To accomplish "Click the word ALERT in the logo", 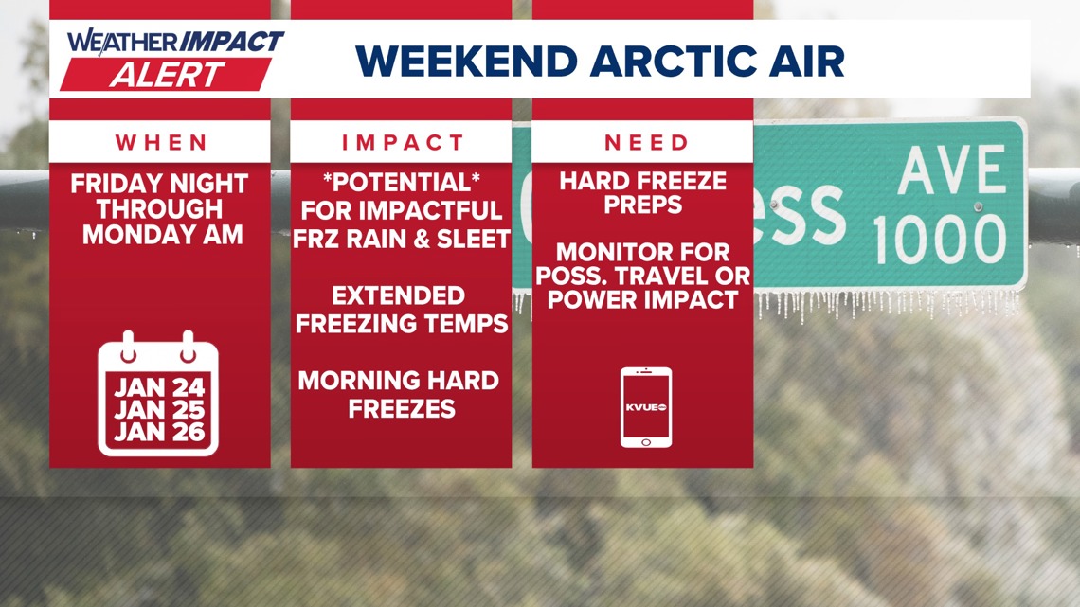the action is point(167,74).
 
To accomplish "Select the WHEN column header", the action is point(161,142).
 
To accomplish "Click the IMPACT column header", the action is point(403,142).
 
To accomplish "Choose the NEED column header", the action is point(646,142).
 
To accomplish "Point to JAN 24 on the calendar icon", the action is point(159,386).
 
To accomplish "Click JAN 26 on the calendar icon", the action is point(159,432).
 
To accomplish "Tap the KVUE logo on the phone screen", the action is point(646,407).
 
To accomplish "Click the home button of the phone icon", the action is point(646,442).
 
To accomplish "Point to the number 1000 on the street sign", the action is point(941,241).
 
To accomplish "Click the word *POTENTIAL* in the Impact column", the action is point(402,183).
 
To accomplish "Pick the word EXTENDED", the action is point(399,296).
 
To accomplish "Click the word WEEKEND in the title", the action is point(466,61).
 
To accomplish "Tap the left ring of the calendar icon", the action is point(128,347).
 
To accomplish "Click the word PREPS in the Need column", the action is point(643,205).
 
